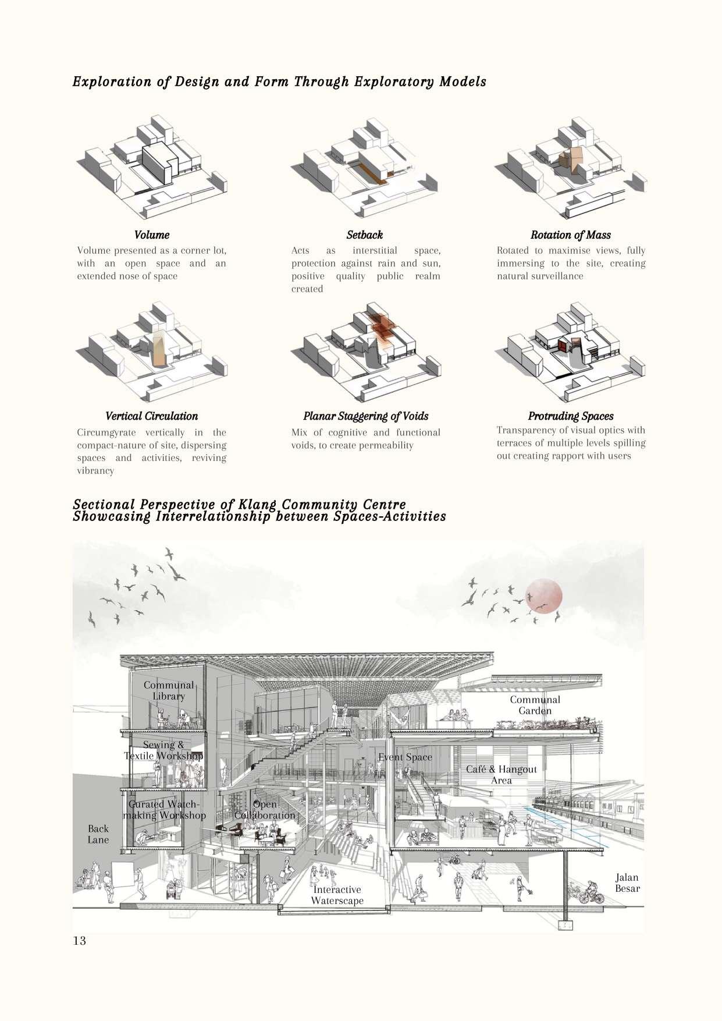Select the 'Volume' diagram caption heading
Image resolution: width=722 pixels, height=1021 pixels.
click(x=152, y=235)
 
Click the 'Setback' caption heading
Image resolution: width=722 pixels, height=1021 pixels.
click(x=365, y=235)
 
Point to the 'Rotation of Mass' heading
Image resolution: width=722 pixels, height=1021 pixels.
click(x=570, y=235)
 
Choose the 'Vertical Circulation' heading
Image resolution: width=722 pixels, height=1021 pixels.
click(x=152, y=416)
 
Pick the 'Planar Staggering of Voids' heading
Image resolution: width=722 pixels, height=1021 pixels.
click(x=365, y=416)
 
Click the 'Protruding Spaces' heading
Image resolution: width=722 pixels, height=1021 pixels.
click(x=570, y=416)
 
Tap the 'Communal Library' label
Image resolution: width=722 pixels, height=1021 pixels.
click(x=169, y=690)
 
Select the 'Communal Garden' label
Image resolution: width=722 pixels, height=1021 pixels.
click(x=535, y=705)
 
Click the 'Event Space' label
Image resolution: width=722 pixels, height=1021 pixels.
click(x=406, y=757)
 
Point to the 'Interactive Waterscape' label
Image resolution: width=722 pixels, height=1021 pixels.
click(x=337, y=895)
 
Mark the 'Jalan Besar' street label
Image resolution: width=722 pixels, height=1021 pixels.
click(x=627, y=882)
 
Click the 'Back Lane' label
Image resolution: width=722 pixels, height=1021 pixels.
click(x=98, y=834)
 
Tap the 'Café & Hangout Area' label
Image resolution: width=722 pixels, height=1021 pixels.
click(x=502, y=775)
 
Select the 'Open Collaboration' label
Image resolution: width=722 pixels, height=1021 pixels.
click(x=265, y=810)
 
